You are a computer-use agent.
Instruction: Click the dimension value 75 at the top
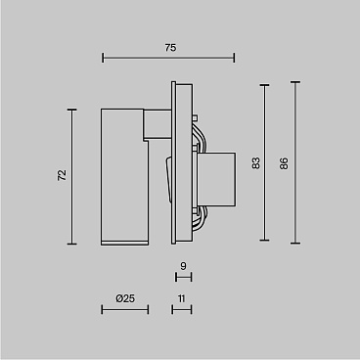[170, 48]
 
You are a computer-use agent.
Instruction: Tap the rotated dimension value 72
[62, 175]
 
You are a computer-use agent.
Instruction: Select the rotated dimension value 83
[256, 163]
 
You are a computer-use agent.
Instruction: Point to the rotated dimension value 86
[284, 163]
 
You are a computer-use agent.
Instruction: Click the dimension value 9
[183, 266]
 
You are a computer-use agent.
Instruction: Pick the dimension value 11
[182, 298]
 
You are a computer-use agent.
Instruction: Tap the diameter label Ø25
[125, 298]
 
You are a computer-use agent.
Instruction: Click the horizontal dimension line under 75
[168, 59]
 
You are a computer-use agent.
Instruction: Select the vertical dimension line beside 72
[72, 177]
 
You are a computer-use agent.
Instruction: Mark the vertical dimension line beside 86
[295, 162]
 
